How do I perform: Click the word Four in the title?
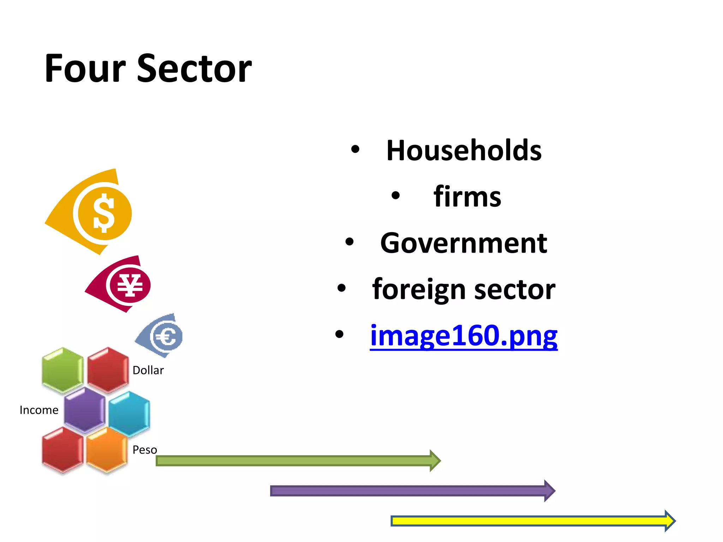pyautogui.click(x=85, y=68)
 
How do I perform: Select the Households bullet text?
pyautogui.click(x=464, y=151)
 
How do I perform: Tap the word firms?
pyautogui.click(x=467, y=197)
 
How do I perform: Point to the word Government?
pyautogui.click(x=464, y=243)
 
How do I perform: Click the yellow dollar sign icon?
pyautogui.click(x=104, y=213)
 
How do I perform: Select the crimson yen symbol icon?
pyautogui.click(x=130, y=285)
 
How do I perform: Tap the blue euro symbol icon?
pyautogui.click(x=167, y=336)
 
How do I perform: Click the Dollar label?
pyautogui.click(x=148, y=371)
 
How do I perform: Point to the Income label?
pyautogui.click(x=39, y=410)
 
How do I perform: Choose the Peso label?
pyautogui.click(x=145, y=450)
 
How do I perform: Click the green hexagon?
pyautogui.click(x=62, y=370)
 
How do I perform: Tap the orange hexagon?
pyautogui.click(x=107, y=450)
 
